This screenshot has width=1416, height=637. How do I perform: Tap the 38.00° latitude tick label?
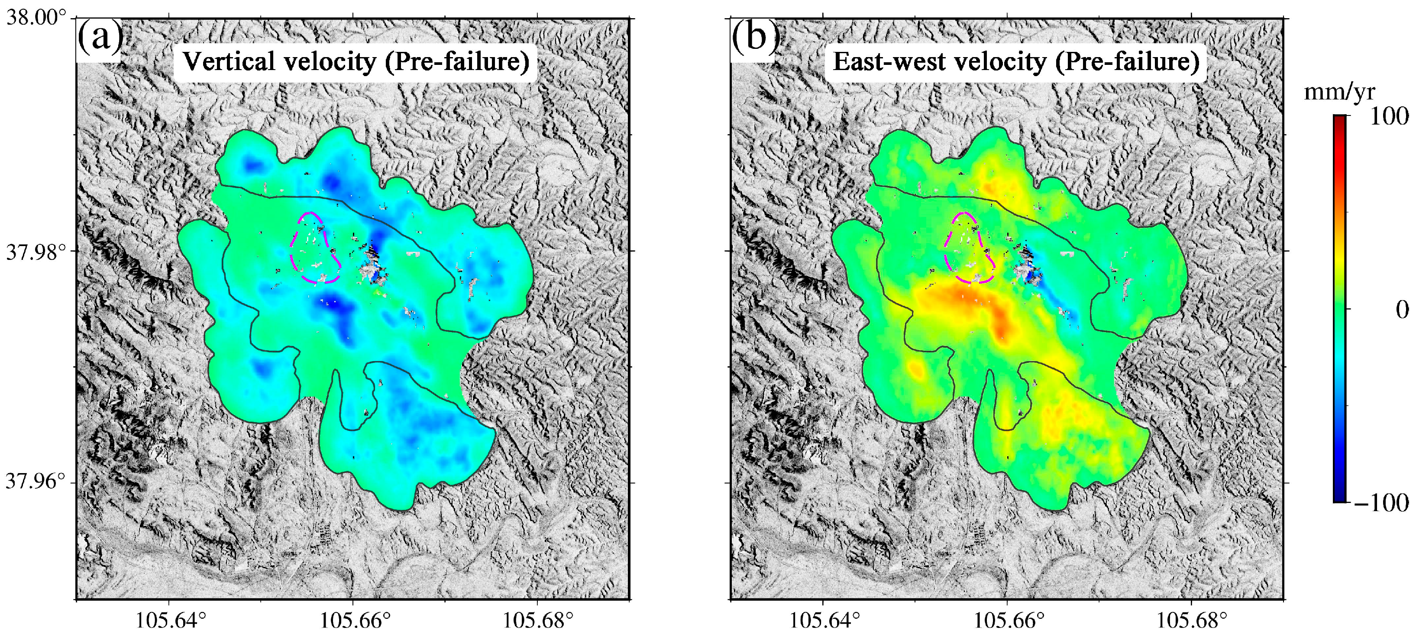point(36,18)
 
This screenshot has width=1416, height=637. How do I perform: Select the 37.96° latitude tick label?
point(36,482)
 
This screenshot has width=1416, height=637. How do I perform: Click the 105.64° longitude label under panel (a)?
point(171,621)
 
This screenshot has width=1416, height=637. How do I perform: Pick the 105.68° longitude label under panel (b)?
point(1192,621)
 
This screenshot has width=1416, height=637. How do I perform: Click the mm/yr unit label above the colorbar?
point(1339,92)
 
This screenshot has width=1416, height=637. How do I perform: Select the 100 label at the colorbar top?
point(1389,117)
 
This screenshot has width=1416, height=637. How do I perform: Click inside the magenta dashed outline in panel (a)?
point(314,247)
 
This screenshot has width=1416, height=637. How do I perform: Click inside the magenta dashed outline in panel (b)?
point(967,247)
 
